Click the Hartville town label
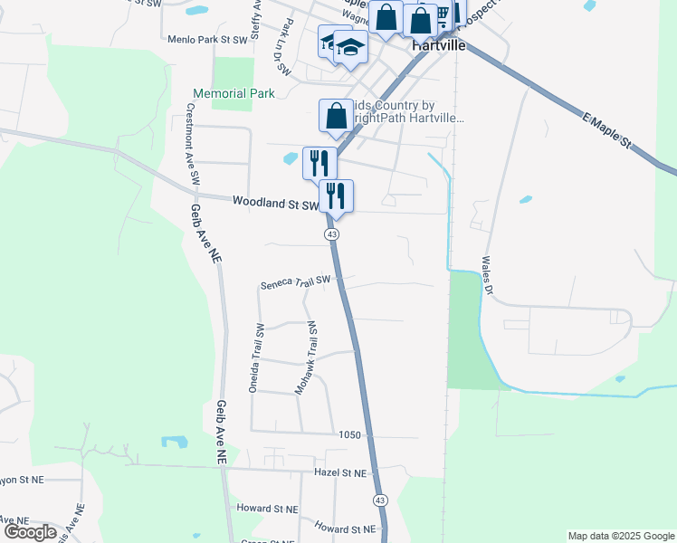point(438,44)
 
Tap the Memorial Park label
point(233,93)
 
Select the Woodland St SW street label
point(275,204)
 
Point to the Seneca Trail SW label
point(296,282)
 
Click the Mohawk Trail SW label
point(308,357)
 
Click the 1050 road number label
point(350,435)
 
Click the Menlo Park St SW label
point(207,40)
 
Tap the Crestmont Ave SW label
point(192,144)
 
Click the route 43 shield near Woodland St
point(332,234)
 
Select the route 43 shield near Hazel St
point(380,500)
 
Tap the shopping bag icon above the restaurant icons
point(336,116)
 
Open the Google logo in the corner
point(30,532)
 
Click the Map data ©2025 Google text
point(620,536)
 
